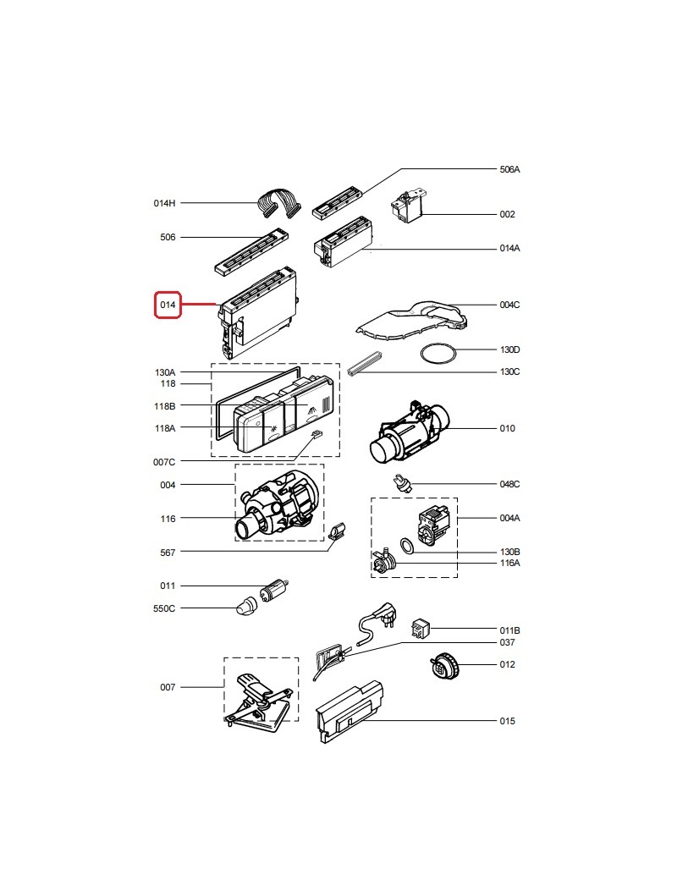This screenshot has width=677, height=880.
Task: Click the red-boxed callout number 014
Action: click(168, 305)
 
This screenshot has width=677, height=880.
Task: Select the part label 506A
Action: click(509, 169)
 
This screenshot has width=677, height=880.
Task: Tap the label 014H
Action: click(164, 203)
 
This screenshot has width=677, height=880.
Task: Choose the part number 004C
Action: click(509, 305)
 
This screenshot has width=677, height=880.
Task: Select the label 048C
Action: click(509, 484)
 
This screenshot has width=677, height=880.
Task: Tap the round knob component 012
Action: click(443, 667)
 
